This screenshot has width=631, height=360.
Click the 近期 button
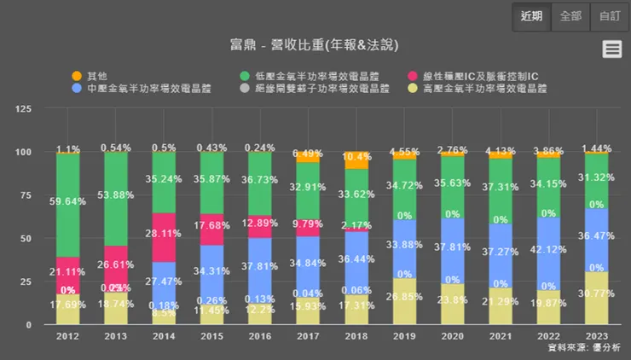(531, 15)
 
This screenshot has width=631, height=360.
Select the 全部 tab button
(570, 15)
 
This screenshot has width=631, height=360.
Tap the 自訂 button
(610, 15)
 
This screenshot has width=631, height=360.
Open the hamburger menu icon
(612, 49)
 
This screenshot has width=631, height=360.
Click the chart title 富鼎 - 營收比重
(315, 44)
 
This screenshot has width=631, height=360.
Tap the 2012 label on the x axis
(68, 336)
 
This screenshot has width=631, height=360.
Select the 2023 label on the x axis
(596, 336)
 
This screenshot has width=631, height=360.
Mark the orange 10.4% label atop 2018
(356, 156)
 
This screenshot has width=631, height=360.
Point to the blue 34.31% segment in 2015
(212, 270)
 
